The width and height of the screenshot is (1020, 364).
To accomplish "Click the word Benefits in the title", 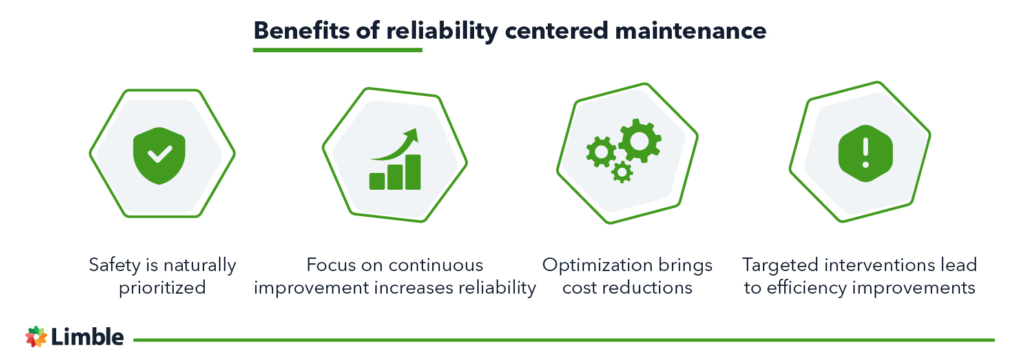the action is tap(302, 31).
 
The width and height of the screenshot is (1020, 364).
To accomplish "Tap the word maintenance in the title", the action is tap(691, 31).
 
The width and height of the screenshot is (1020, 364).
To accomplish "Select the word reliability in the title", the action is tap(442, 32).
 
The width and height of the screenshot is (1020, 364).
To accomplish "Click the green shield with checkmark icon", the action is tap(159, 156).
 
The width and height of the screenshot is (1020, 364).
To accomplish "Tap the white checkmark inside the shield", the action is tap(160, 154).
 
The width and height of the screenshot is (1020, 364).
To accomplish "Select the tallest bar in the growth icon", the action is tap(413, 172).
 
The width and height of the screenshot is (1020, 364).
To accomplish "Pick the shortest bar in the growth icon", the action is tap(377, 181).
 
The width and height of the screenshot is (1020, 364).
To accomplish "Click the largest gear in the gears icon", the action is tap(640, 141).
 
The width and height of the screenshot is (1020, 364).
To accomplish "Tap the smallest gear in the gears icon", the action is tap(622, 172).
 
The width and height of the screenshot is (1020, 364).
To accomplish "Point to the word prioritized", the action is tap(162, 288).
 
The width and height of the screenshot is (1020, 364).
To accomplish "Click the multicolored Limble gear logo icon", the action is tap(36, 337).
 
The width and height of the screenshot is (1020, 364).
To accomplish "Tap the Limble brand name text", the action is tap(87, 337).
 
